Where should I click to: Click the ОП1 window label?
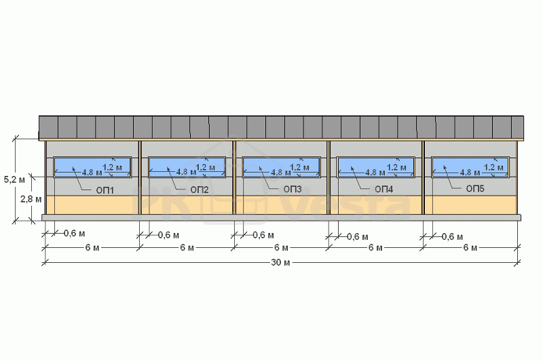pos(105,190)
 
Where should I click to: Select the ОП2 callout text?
pos(200,190)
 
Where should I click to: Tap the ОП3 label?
pos(293,189)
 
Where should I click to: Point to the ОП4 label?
pos(383,189)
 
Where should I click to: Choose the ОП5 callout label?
pos(475,188)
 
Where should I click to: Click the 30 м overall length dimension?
pos(280,262)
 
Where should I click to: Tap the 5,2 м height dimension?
pos(14,179)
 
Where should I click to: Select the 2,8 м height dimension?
pos(31,199)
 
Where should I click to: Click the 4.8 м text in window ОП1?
pos(92,172)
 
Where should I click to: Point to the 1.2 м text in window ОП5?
pos(493,167)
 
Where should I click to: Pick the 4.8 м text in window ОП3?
pos(281,172)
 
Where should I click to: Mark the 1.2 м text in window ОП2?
pos(206,167)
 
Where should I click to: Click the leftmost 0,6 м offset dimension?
pos(74,234)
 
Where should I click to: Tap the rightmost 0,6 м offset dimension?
pos(452,236)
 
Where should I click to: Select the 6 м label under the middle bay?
pos(281,248)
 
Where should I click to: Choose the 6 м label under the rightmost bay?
pos(470,248)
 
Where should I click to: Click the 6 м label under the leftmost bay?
pos(92,248)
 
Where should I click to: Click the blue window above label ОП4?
pos(376,167)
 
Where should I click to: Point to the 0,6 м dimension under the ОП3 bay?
pos(263,235)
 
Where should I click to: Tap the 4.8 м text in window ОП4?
pos(375,172)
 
